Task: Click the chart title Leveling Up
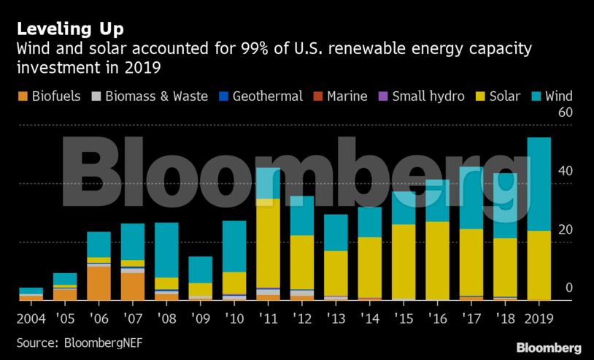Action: coord(71,29)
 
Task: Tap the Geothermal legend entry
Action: coord(261,96)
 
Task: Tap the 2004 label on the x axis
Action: coord(31,319)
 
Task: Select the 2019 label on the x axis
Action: coord(539,319)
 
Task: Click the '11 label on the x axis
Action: coord(268,319)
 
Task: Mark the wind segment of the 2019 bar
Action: coord(539,183)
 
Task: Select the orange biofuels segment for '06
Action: coord(99,283)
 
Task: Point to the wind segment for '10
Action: coord(234,246)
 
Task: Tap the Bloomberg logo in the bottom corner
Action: coord(548,348)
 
